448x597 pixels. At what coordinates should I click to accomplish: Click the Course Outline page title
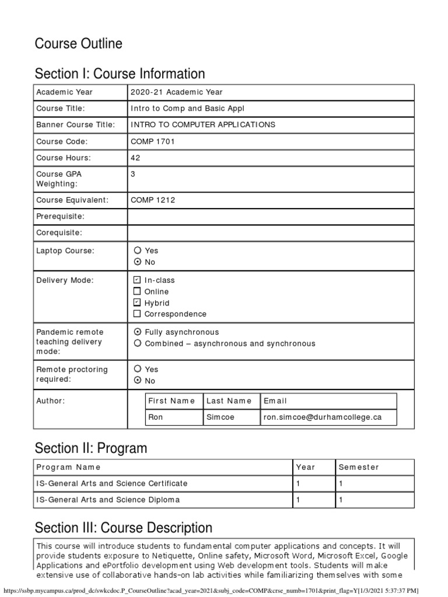pos(78,44)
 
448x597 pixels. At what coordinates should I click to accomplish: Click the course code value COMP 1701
pos(153,141)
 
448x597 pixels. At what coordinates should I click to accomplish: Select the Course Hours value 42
pos(135,157)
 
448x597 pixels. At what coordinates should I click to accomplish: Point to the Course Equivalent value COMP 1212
pos(153,200)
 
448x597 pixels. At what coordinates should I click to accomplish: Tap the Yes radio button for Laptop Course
pos(137,250)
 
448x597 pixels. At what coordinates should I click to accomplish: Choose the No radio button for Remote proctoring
pos(137,380)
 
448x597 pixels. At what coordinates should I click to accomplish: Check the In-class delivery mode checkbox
pos(137,280)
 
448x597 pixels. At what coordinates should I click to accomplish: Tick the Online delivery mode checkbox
pos(137,291)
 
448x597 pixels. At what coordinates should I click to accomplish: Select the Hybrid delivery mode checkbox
pos(137,303)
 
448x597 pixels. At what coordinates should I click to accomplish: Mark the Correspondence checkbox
pos(137,314)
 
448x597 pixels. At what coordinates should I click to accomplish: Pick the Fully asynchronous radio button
pos(137,332)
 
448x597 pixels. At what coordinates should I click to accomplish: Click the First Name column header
pos(171,401)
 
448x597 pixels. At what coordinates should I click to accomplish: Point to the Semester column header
pos(358,467)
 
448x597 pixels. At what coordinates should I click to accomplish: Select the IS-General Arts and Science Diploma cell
pos(108,500)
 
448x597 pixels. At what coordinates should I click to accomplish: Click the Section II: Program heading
pos(91,448)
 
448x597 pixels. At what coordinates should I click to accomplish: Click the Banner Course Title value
pos(203,125)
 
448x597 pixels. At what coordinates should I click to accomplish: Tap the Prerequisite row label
pos(60,216)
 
